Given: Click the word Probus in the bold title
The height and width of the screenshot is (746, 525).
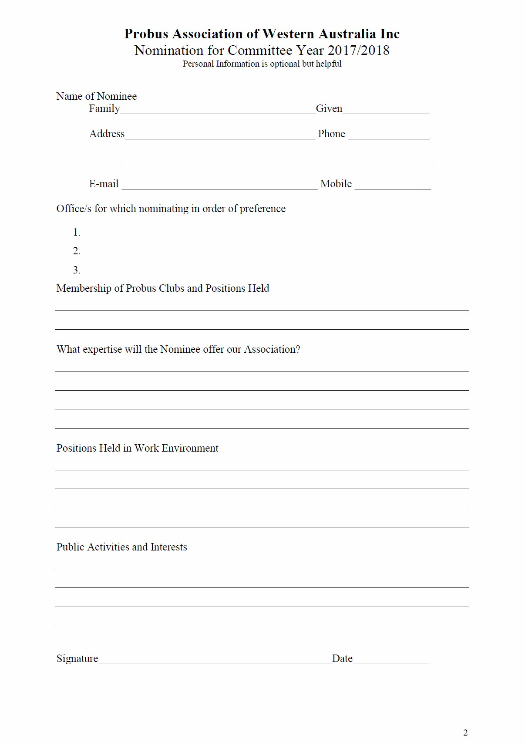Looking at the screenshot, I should tap(146, 34).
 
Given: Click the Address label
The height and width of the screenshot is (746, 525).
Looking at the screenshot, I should tap(107, 134).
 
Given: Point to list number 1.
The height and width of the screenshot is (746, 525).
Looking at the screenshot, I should tap(77, 233).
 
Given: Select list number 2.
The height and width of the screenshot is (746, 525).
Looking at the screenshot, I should tap(77, 251).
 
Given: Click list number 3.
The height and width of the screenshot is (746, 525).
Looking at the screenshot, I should tap(77, 270).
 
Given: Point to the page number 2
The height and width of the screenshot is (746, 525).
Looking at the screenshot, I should tap(465, 733).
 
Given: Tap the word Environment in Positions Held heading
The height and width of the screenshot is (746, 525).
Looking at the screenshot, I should tap(190, 448).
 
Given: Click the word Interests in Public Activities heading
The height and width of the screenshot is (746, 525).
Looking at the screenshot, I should tap(168, 547).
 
